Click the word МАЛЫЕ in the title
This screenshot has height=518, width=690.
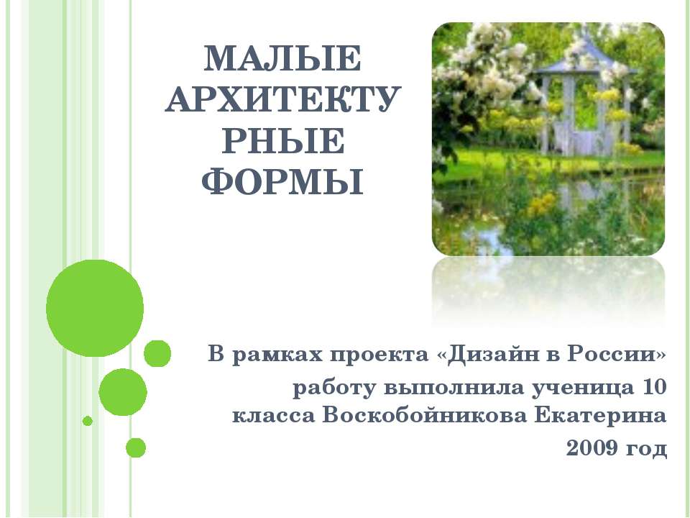280,60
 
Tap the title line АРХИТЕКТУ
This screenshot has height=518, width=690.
280,101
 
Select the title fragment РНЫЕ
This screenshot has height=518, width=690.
280,142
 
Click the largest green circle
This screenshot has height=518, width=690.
95,309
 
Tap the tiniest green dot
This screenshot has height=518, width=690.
88,420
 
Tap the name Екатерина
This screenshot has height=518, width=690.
613,416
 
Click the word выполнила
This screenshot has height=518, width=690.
451,388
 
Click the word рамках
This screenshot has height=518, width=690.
275,355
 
